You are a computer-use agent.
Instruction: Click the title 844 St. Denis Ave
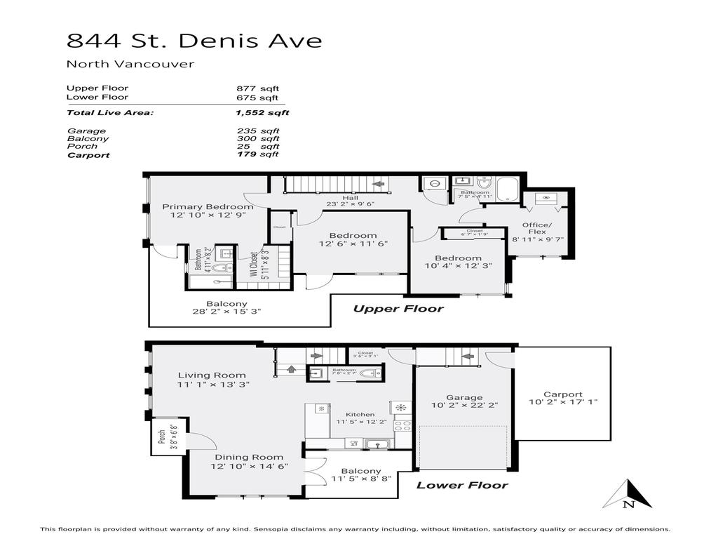coord(194,41)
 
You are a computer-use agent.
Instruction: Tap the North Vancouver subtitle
coord(130,65)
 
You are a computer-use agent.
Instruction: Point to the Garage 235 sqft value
coord(258,131)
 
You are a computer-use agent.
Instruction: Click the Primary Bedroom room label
coord(208,207)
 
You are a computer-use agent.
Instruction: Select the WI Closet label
coord(254,266)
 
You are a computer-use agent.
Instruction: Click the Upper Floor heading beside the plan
coord(398,309)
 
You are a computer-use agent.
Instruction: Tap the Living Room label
coord(211,375)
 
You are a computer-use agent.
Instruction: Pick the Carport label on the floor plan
coord(562,394)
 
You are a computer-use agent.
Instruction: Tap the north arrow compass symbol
coord(628,494)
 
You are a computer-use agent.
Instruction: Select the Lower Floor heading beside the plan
coord(462,485)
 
